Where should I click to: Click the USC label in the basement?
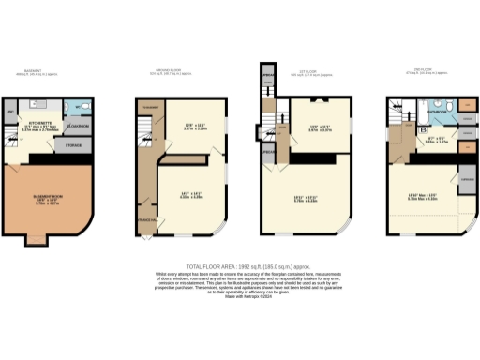click(x=11, y=113)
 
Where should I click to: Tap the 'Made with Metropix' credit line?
click(x=240, y=296)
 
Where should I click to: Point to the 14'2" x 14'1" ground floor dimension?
click(x=191, y=195)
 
